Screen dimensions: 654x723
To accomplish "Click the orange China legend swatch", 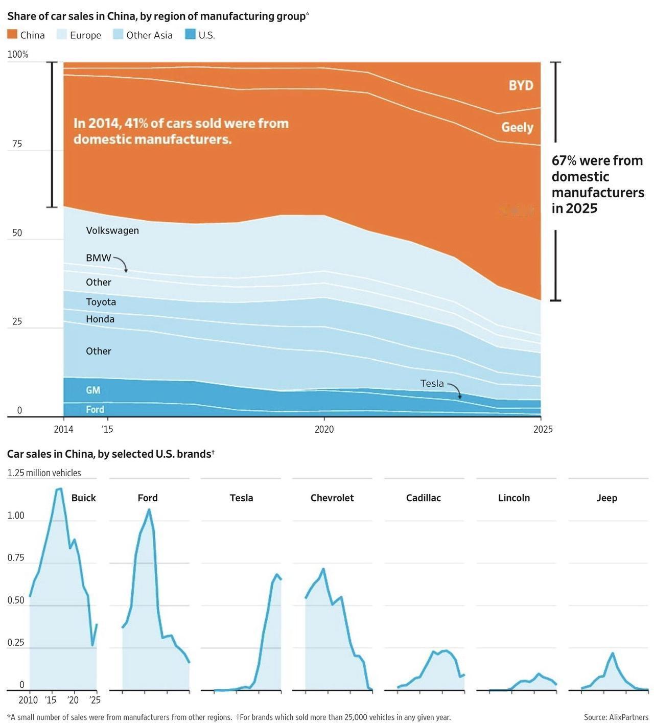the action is [12, 34].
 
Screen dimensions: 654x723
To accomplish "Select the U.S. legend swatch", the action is [190, 34].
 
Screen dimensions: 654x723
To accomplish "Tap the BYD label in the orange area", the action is [521, 85].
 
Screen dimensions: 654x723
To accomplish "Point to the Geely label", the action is [517, 127].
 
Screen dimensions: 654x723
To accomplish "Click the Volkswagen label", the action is [112, 230].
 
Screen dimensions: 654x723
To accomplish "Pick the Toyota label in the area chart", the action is [101, 301].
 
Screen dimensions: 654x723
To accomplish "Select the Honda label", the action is [100, 319].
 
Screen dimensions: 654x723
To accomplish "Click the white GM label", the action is [92, 390].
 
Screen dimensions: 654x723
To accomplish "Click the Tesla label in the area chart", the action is [432, 383].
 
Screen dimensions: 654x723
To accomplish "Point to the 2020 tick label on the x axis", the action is [324, 429].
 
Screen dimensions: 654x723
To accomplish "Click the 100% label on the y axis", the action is [18, 55].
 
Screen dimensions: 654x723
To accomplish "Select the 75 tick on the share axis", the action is [17, 144].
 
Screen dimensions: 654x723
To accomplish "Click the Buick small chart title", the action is [83, 498].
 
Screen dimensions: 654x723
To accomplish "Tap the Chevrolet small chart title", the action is [332, 498].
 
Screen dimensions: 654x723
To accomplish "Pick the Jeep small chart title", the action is [606, 498].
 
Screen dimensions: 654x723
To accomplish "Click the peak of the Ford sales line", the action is [149, 509].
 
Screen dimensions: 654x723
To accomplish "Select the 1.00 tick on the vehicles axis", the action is [15, 516].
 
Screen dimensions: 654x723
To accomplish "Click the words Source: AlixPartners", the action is [616, 717].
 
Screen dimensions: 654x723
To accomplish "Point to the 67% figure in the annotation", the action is [564, 160].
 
